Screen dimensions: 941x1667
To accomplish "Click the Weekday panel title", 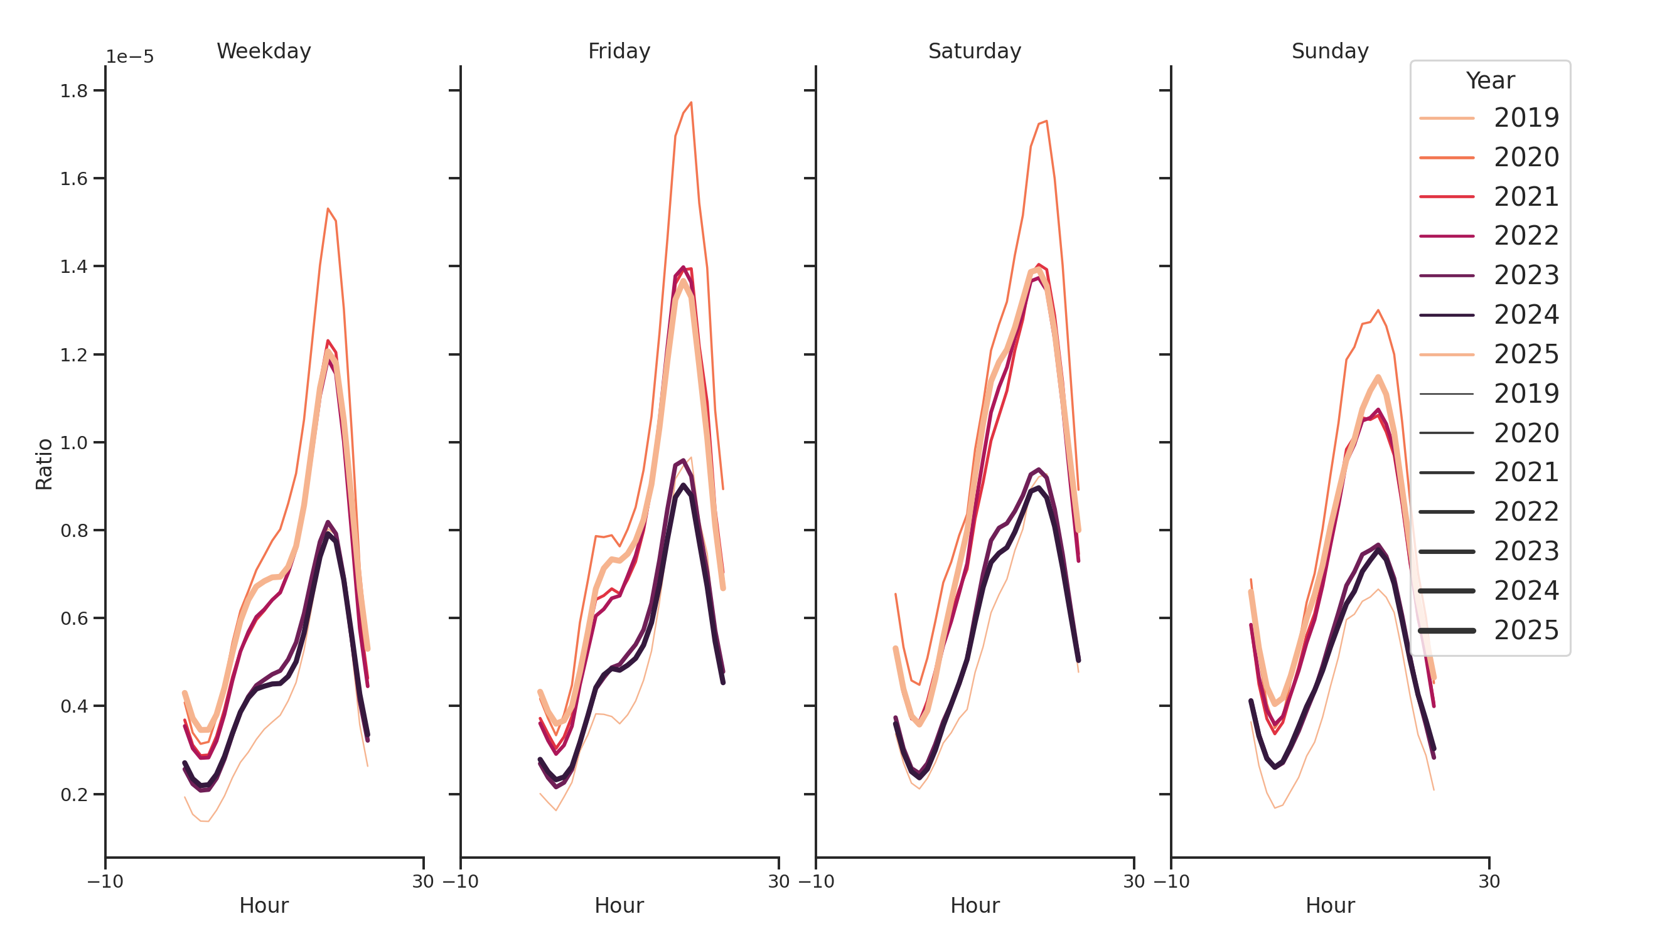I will coord(264,51).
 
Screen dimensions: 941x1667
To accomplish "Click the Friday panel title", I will coord(619,51).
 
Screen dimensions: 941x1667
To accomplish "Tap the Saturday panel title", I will coord(974,51).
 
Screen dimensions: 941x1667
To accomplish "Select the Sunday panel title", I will coord(1329,51).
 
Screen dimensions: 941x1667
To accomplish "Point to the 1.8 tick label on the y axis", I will coord(74,91).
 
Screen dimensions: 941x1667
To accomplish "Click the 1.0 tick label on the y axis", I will coord(74,443).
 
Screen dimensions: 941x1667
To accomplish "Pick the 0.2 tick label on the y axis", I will coord(74,795).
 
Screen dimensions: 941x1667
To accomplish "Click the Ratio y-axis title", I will coord(44,464).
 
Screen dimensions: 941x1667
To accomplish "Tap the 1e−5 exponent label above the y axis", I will coord(129,57).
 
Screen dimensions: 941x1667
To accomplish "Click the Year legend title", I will coord(1489,81).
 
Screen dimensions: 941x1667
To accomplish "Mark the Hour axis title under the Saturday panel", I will coord(974,905).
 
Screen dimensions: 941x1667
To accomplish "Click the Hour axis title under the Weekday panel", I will coord(264,905).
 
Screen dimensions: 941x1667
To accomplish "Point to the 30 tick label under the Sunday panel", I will coord(1488,881).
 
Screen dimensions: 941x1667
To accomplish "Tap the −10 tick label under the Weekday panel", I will coord(105,881).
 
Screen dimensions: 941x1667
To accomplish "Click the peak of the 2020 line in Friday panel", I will coord(691,102).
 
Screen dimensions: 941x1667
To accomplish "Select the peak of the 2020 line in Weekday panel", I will coord(328,209).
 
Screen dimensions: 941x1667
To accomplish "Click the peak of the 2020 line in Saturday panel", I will coord(1046,121).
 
